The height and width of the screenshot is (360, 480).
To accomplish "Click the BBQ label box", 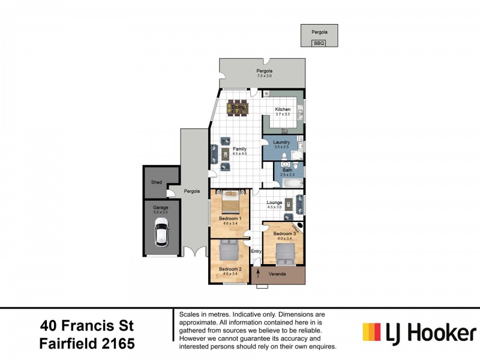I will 319,43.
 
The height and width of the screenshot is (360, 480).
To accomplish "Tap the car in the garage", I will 160,233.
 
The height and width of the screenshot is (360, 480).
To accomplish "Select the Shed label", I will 157,182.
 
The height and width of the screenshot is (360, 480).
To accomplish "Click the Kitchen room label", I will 283,110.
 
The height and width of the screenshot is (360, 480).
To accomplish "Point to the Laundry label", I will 281,142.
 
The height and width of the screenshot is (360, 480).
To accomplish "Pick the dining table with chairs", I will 238,108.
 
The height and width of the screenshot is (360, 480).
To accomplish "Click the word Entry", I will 256,251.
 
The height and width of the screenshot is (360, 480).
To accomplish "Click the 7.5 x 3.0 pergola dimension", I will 265,76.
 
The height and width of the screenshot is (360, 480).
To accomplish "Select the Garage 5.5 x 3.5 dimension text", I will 160,212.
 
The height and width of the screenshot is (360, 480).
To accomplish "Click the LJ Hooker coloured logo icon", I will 371,332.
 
